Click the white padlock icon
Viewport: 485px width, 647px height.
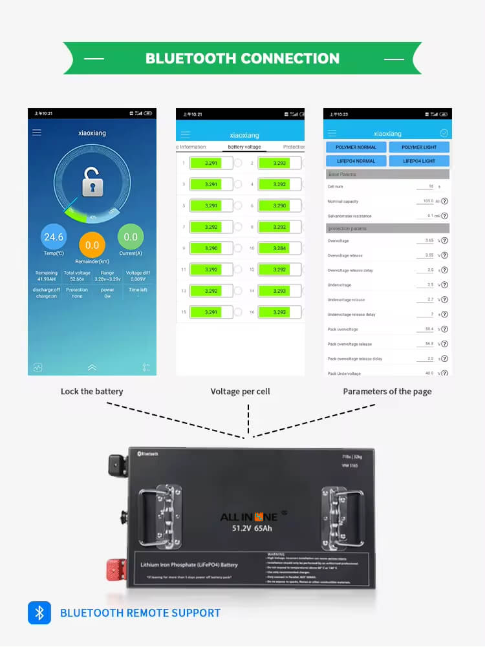tap(93, 185)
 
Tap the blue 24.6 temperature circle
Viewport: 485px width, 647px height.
tap(53, 237)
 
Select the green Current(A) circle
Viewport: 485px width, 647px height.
tap(131, 237)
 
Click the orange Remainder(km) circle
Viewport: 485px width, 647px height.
tap(92, 246)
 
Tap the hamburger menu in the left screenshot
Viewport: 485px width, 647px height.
tap(37, 133)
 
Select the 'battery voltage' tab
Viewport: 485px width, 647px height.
tap(244, 147)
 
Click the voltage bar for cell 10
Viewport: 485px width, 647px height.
tap(279, 248)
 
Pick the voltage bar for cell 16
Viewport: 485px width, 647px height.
tap(279, 312)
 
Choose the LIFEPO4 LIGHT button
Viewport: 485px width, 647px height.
tap(419, 160)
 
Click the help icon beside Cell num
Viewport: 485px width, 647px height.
tap(444, 187)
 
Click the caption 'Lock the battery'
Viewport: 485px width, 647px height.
tap(92, 391)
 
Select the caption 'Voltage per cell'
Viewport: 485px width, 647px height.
tap(240, 391)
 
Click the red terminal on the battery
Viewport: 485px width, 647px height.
tap(115, 570)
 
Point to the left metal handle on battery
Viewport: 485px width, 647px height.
tap(158, 510)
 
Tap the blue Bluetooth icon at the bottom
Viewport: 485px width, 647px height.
tap(39, 613)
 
